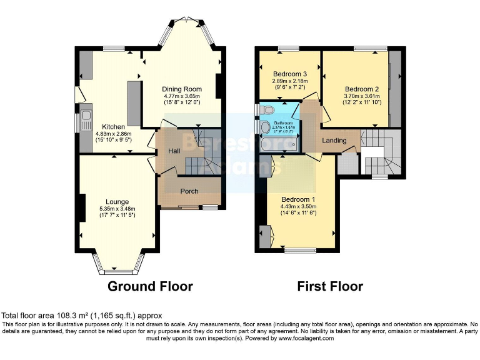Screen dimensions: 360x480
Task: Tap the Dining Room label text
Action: click(181, 89)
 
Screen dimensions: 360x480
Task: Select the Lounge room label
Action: click(117, 202)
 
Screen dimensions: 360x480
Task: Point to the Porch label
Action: click(190, 191)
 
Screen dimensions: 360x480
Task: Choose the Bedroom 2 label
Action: click(362, 89)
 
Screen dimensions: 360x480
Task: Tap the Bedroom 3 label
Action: click(288, 74)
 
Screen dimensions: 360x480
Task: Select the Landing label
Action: click(334, 141)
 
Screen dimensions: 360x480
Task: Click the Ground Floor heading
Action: click(150, 286)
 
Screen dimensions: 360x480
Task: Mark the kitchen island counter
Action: click(134, 102)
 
